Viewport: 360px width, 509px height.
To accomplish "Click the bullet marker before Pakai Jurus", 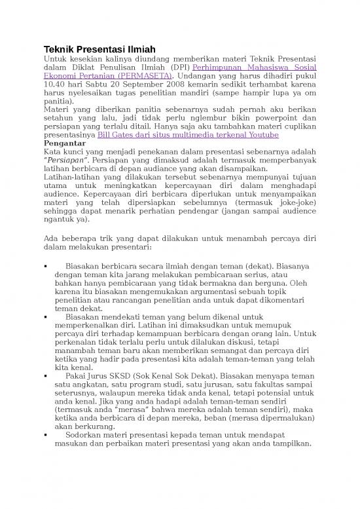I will coord(46,377).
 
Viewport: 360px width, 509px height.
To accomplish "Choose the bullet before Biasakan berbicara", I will coord(46,267).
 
